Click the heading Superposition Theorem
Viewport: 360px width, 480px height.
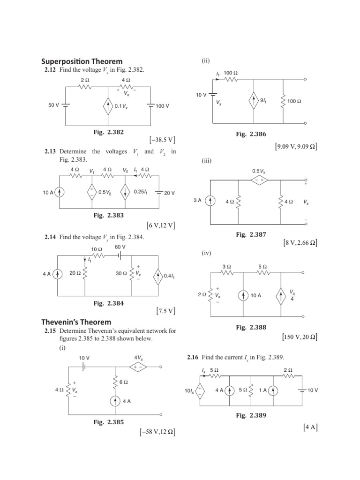point(82,61)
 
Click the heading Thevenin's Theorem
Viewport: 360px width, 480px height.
point(76,322)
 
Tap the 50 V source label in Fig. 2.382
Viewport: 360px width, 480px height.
point(53,106)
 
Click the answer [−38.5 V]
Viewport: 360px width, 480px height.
point(163,140)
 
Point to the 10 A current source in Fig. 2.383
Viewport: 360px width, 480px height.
point(60,192)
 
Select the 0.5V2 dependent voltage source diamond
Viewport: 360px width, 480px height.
point(92,192)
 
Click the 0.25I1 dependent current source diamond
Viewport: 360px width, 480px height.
point(126,192)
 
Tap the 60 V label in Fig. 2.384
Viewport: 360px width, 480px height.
point(120,247)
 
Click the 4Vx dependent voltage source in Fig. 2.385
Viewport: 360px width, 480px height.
point(139,367)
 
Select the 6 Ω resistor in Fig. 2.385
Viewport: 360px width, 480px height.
point(115,382)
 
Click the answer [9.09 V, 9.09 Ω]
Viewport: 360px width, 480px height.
point(296,147)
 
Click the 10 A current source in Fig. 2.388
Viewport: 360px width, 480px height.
point(244,295)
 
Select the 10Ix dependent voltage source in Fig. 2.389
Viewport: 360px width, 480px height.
point(200,391)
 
